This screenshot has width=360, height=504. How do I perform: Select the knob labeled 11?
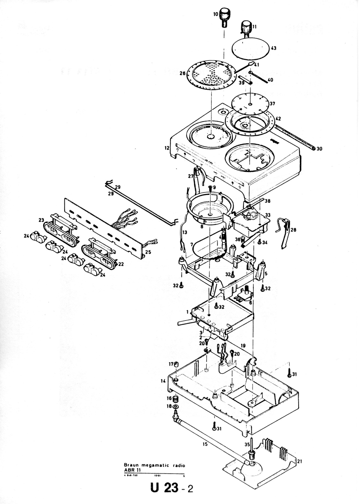coord(247,28)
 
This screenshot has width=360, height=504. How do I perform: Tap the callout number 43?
coord(273,48)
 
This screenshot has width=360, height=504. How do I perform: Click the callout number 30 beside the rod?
coord(320,148)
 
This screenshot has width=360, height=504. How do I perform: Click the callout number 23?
coord(41,220)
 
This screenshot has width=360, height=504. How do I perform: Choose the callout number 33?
coord(268,215)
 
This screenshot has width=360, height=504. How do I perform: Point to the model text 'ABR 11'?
coord(132,470)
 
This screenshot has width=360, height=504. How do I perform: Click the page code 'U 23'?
coord(164,489)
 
